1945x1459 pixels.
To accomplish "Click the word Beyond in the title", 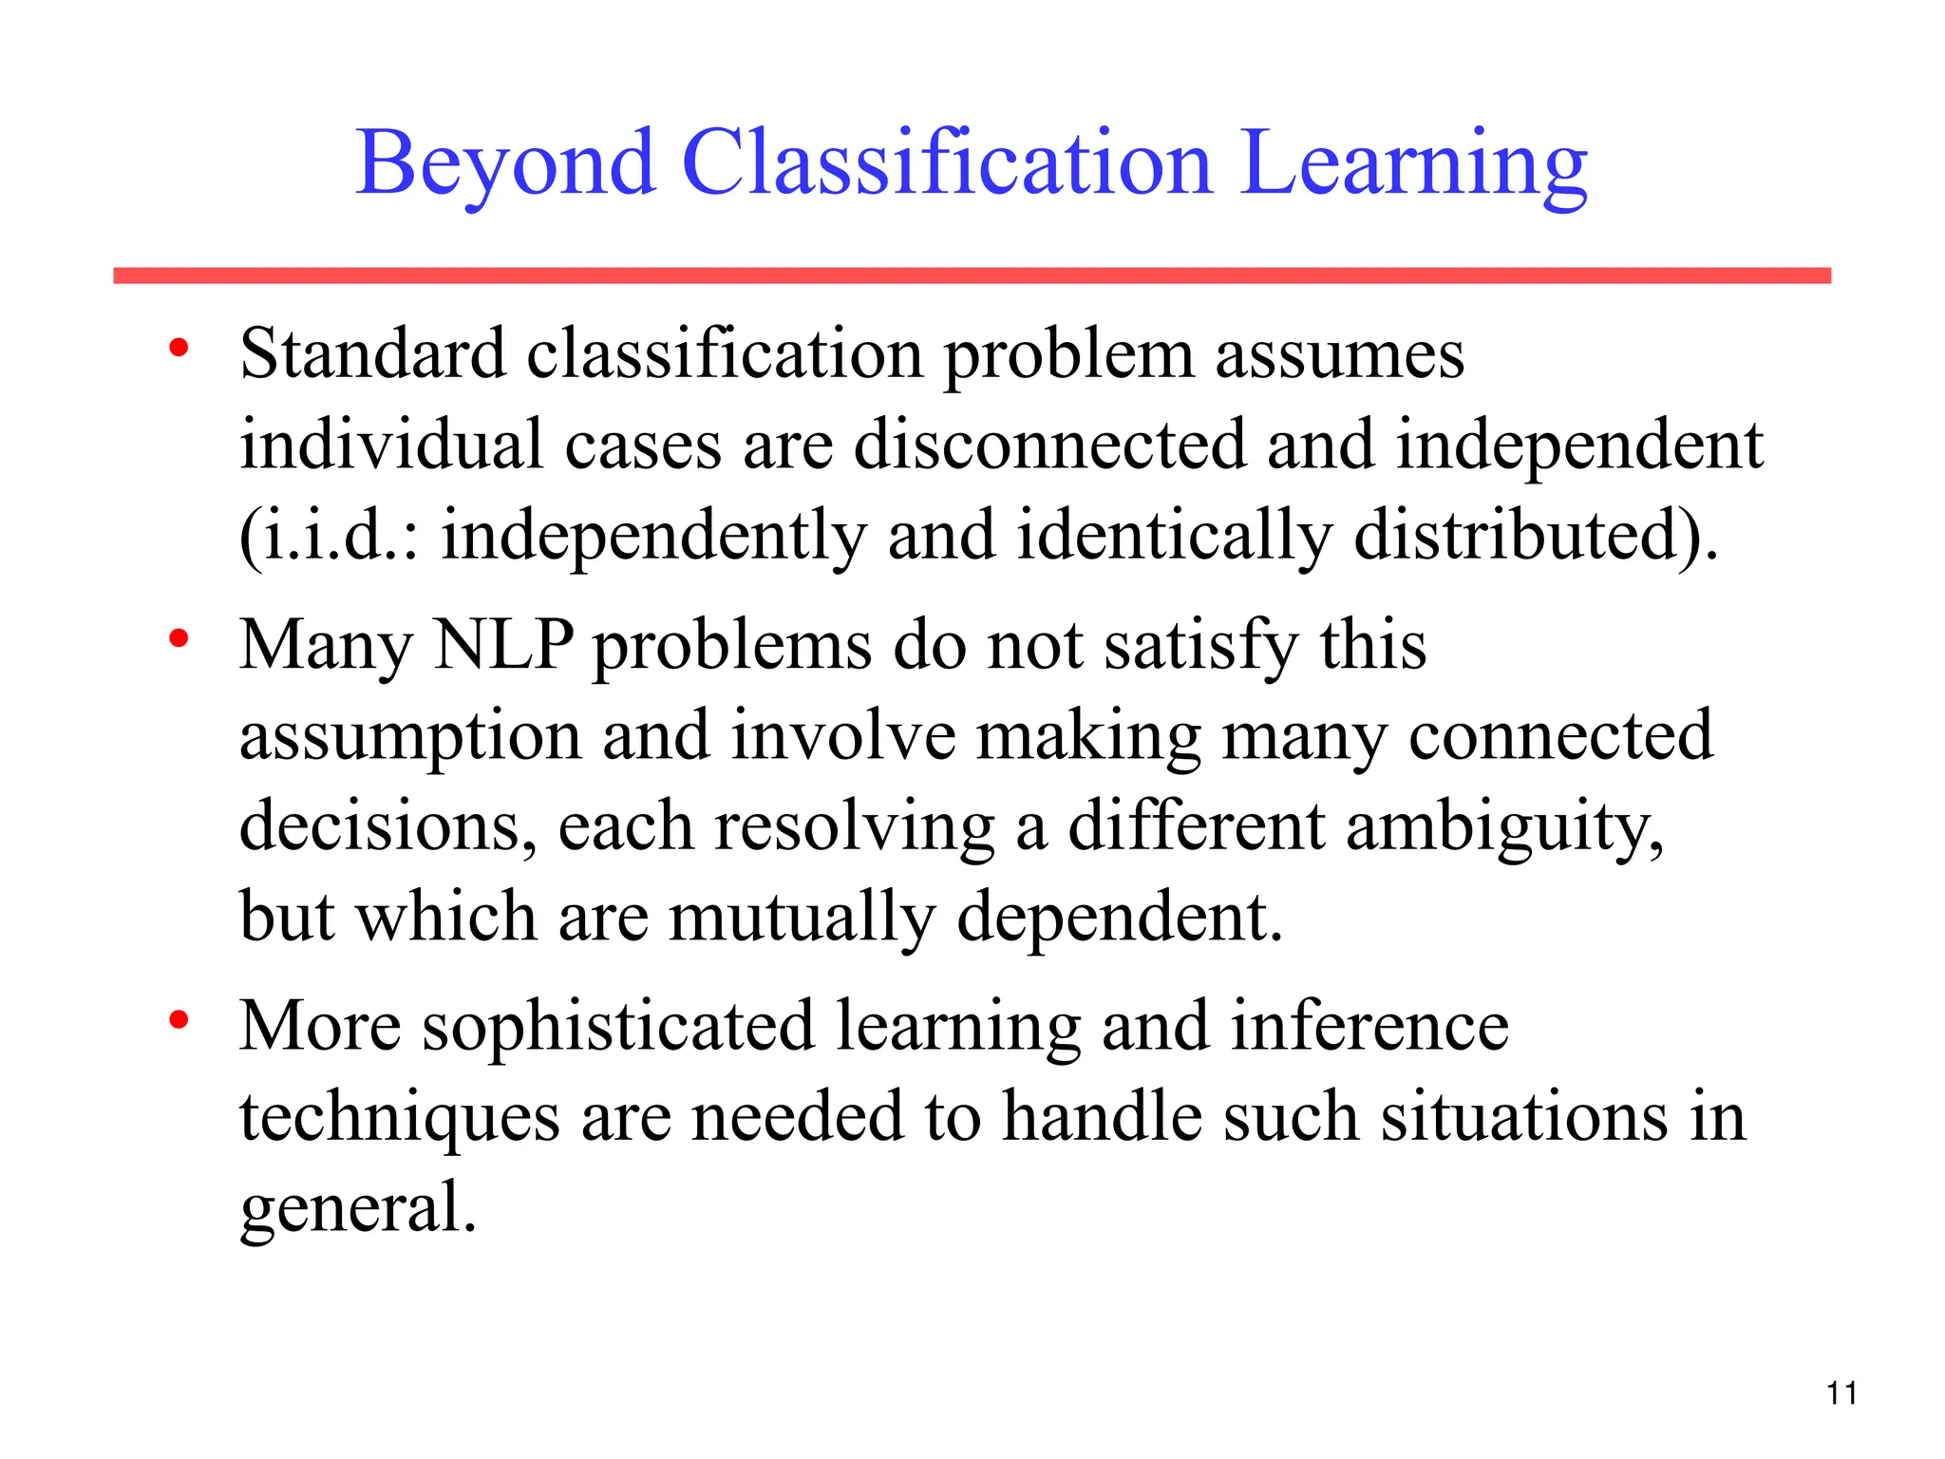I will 505,163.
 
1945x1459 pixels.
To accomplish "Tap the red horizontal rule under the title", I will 972,275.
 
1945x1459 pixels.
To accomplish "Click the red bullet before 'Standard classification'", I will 178,349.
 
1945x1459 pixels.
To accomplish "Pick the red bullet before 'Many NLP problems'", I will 178,639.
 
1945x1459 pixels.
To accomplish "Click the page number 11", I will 1841,1393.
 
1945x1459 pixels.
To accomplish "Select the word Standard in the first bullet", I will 372,353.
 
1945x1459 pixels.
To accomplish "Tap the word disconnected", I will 1049,445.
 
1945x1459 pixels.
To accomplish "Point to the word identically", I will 1174,535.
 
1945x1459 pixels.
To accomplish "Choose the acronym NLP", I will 503,645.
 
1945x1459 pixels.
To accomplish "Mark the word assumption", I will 409,737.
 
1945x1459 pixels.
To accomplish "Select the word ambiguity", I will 1504,827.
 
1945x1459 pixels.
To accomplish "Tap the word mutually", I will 802,918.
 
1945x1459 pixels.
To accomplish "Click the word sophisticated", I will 618,1026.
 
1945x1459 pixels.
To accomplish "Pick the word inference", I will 1369,1026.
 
